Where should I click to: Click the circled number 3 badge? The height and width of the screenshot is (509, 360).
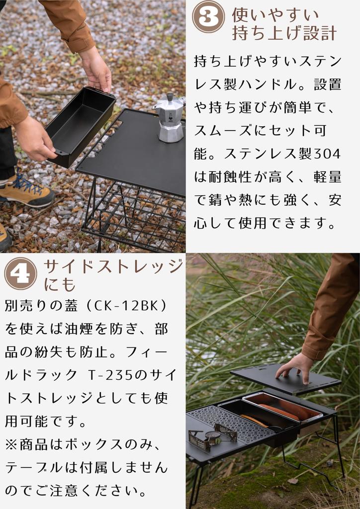click(208, 17)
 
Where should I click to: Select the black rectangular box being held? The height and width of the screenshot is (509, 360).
click(80, 124)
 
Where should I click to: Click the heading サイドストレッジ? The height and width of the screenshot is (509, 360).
click(113, 267)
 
